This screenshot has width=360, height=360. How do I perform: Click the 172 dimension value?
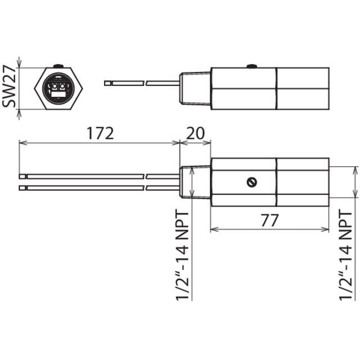click(100, 133)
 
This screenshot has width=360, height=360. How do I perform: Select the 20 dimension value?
click(195, 133)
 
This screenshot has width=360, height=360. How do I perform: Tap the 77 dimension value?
click(269, 220)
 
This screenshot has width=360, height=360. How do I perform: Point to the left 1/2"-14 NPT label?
click(182, 255)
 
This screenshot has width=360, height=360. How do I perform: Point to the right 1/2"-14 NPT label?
click(345, 255)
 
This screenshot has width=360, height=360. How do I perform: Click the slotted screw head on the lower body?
click(251, 182)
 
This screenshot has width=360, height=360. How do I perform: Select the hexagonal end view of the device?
click(58, 88)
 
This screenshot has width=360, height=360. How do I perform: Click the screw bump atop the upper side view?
click(252, 66)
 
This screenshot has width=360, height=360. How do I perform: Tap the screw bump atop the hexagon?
click(58, 66)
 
